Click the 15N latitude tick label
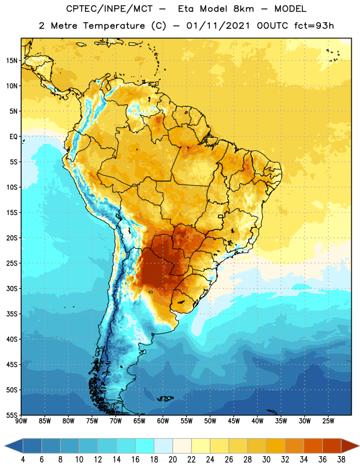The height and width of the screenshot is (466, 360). coord(12,61)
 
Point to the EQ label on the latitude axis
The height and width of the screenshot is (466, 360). coord(13,137)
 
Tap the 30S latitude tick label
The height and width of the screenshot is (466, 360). coord(12,288)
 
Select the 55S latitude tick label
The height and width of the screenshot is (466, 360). coord(12,415)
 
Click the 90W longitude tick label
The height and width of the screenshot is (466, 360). coord(21,421)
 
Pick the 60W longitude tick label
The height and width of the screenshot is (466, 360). coord(163,421)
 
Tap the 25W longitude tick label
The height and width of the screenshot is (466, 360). coord(328,421)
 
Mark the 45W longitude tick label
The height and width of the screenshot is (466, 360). coord(234,421)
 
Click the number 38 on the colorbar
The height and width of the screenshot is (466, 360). coord(341,460)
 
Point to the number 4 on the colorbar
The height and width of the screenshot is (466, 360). coord(23,460)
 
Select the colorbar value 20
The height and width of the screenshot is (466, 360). coord(172,460)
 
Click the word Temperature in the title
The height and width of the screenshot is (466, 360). coord(114,26)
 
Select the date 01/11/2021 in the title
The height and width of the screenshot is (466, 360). coord(218,26)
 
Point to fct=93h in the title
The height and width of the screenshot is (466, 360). coord(314,26)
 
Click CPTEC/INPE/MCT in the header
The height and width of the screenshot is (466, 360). coord(110,9)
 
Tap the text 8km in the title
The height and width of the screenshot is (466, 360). coord(243,9)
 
